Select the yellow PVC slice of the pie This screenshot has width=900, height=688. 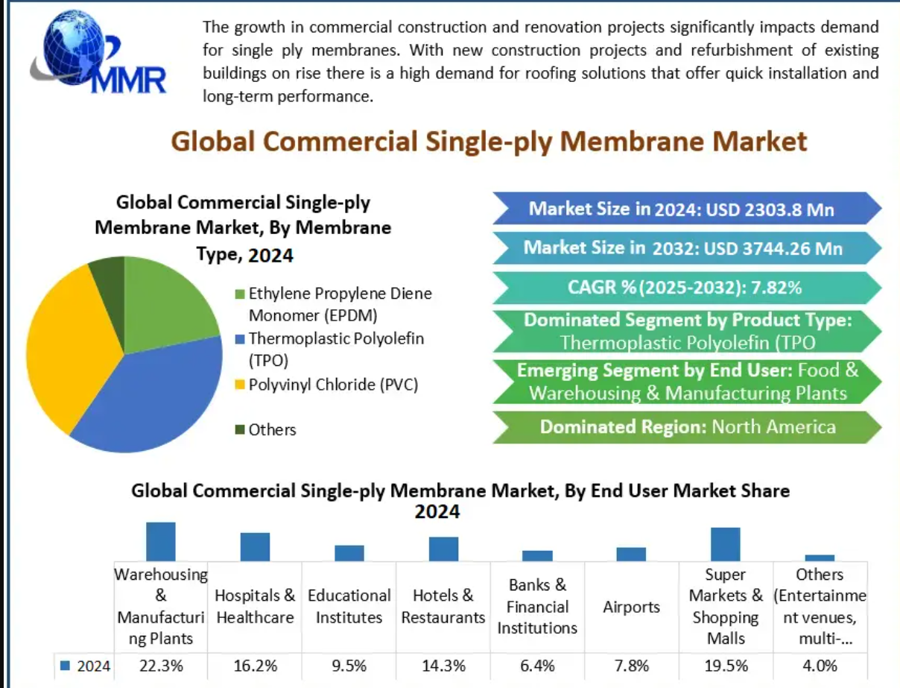tap(67, 343)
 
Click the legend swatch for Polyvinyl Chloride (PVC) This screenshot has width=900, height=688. tap(239, 385)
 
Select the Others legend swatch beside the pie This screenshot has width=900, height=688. tap(239, 429)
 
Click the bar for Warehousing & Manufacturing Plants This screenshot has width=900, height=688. tap(160, 541)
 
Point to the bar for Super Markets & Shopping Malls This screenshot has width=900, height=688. tap(725, 544)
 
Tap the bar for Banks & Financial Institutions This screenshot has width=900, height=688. tap(537, 555)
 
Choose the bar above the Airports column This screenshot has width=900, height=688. tap(631, 554)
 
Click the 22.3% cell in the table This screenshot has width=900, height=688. tap(161, 666)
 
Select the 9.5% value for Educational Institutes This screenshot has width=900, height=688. tap(349, 666)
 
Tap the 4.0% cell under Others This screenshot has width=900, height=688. tap(820, 666)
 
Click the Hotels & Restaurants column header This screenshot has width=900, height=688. tap(443, 606)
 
